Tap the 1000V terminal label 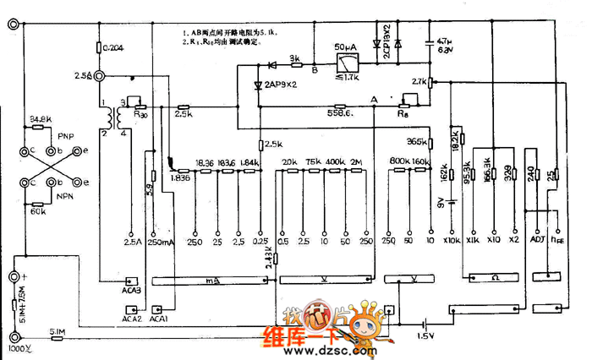click(19, 348)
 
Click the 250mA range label click(161, 243)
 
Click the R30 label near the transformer click(140, 112)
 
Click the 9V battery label click(440, 201)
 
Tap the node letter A click(374, 99)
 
